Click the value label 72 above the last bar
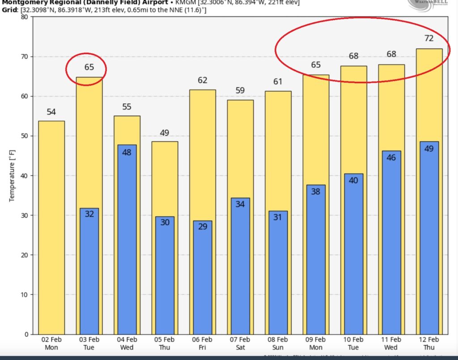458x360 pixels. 429,38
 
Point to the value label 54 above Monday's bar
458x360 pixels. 51,112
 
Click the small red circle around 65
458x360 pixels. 86,68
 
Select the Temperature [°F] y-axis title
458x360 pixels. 12,175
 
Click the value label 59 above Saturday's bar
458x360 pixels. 241,90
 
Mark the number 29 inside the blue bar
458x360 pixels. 203,227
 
